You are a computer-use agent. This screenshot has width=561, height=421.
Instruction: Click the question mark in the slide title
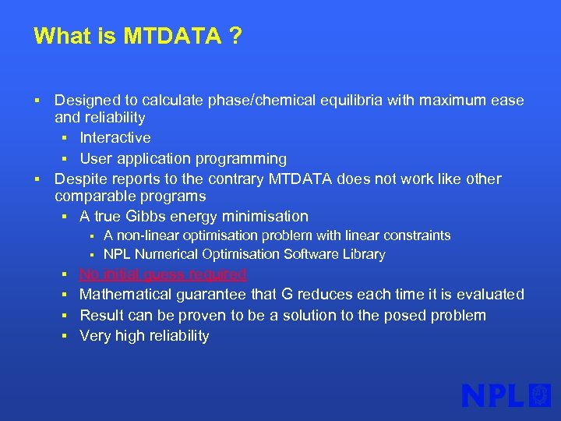235,37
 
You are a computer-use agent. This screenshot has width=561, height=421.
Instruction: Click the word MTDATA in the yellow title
172,37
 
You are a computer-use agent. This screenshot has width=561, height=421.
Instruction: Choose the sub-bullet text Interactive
115,138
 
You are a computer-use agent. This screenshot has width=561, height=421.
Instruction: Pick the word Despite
79,179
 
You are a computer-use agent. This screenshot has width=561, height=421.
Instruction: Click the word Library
365,254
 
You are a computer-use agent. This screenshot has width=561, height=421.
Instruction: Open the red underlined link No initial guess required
163,274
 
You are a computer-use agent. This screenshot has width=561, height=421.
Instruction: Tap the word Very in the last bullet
95,336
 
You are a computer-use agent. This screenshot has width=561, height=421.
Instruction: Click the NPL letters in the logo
492,395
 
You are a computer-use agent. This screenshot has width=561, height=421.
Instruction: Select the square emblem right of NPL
539,395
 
